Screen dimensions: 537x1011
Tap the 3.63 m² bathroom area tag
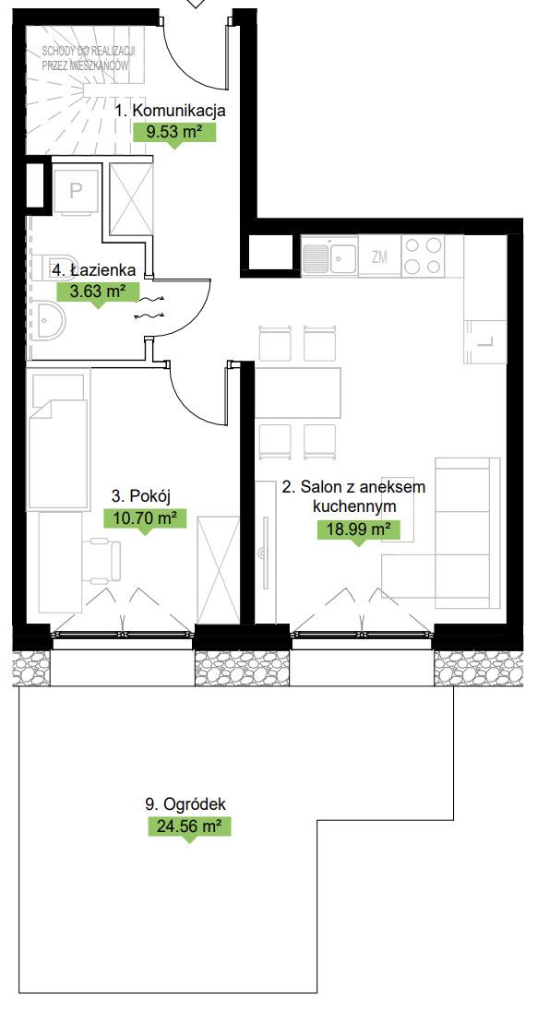coord(98,291)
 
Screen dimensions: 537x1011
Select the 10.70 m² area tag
coord(145,517)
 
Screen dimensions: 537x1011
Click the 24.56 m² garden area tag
coord(189,826)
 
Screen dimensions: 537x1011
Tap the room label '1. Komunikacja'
coord(170,111)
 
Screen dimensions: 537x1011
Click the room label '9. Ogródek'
coord(185,804)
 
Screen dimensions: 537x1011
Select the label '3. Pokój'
coord(140,496)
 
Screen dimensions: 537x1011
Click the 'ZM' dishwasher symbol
coord(380,256)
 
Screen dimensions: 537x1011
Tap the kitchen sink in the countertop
coord(329,256)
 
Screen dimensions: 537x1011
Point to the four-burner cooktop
coord(423,256)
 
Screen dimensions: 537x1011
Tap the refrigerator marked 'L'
coord(485,341)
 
